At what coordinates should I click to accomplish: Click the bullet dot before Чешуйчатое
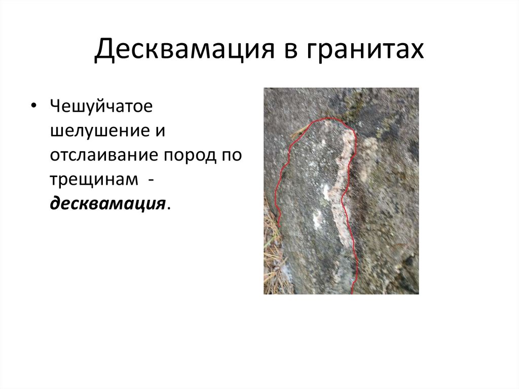click(x=33, y=108)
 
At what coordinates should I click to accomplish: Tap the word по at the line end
click(x=230, y=155)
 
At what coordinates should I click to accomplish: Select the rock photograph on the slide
click(x=341, y=191)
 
